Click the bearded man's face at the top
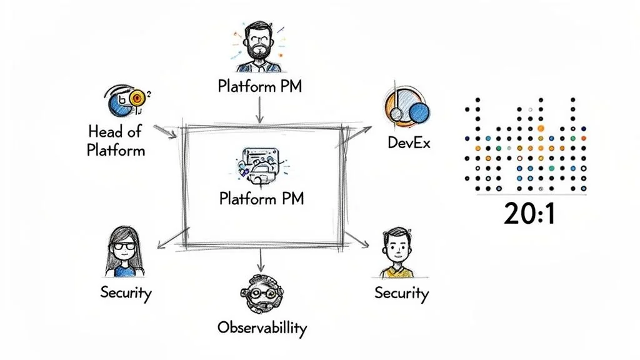coord(259,42)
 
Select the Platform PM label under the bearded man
coord(259,86)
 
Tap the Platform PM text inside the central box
coord(261,199)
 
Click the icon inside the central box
coord(260,167)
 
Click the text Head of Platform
coord(116,141)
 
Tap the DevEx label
coord(409,143)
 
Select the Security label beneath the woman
coord(126,292)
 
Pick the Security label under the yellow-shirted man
coord(401,292)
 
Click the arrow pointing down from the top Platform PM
coord(258,109)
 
